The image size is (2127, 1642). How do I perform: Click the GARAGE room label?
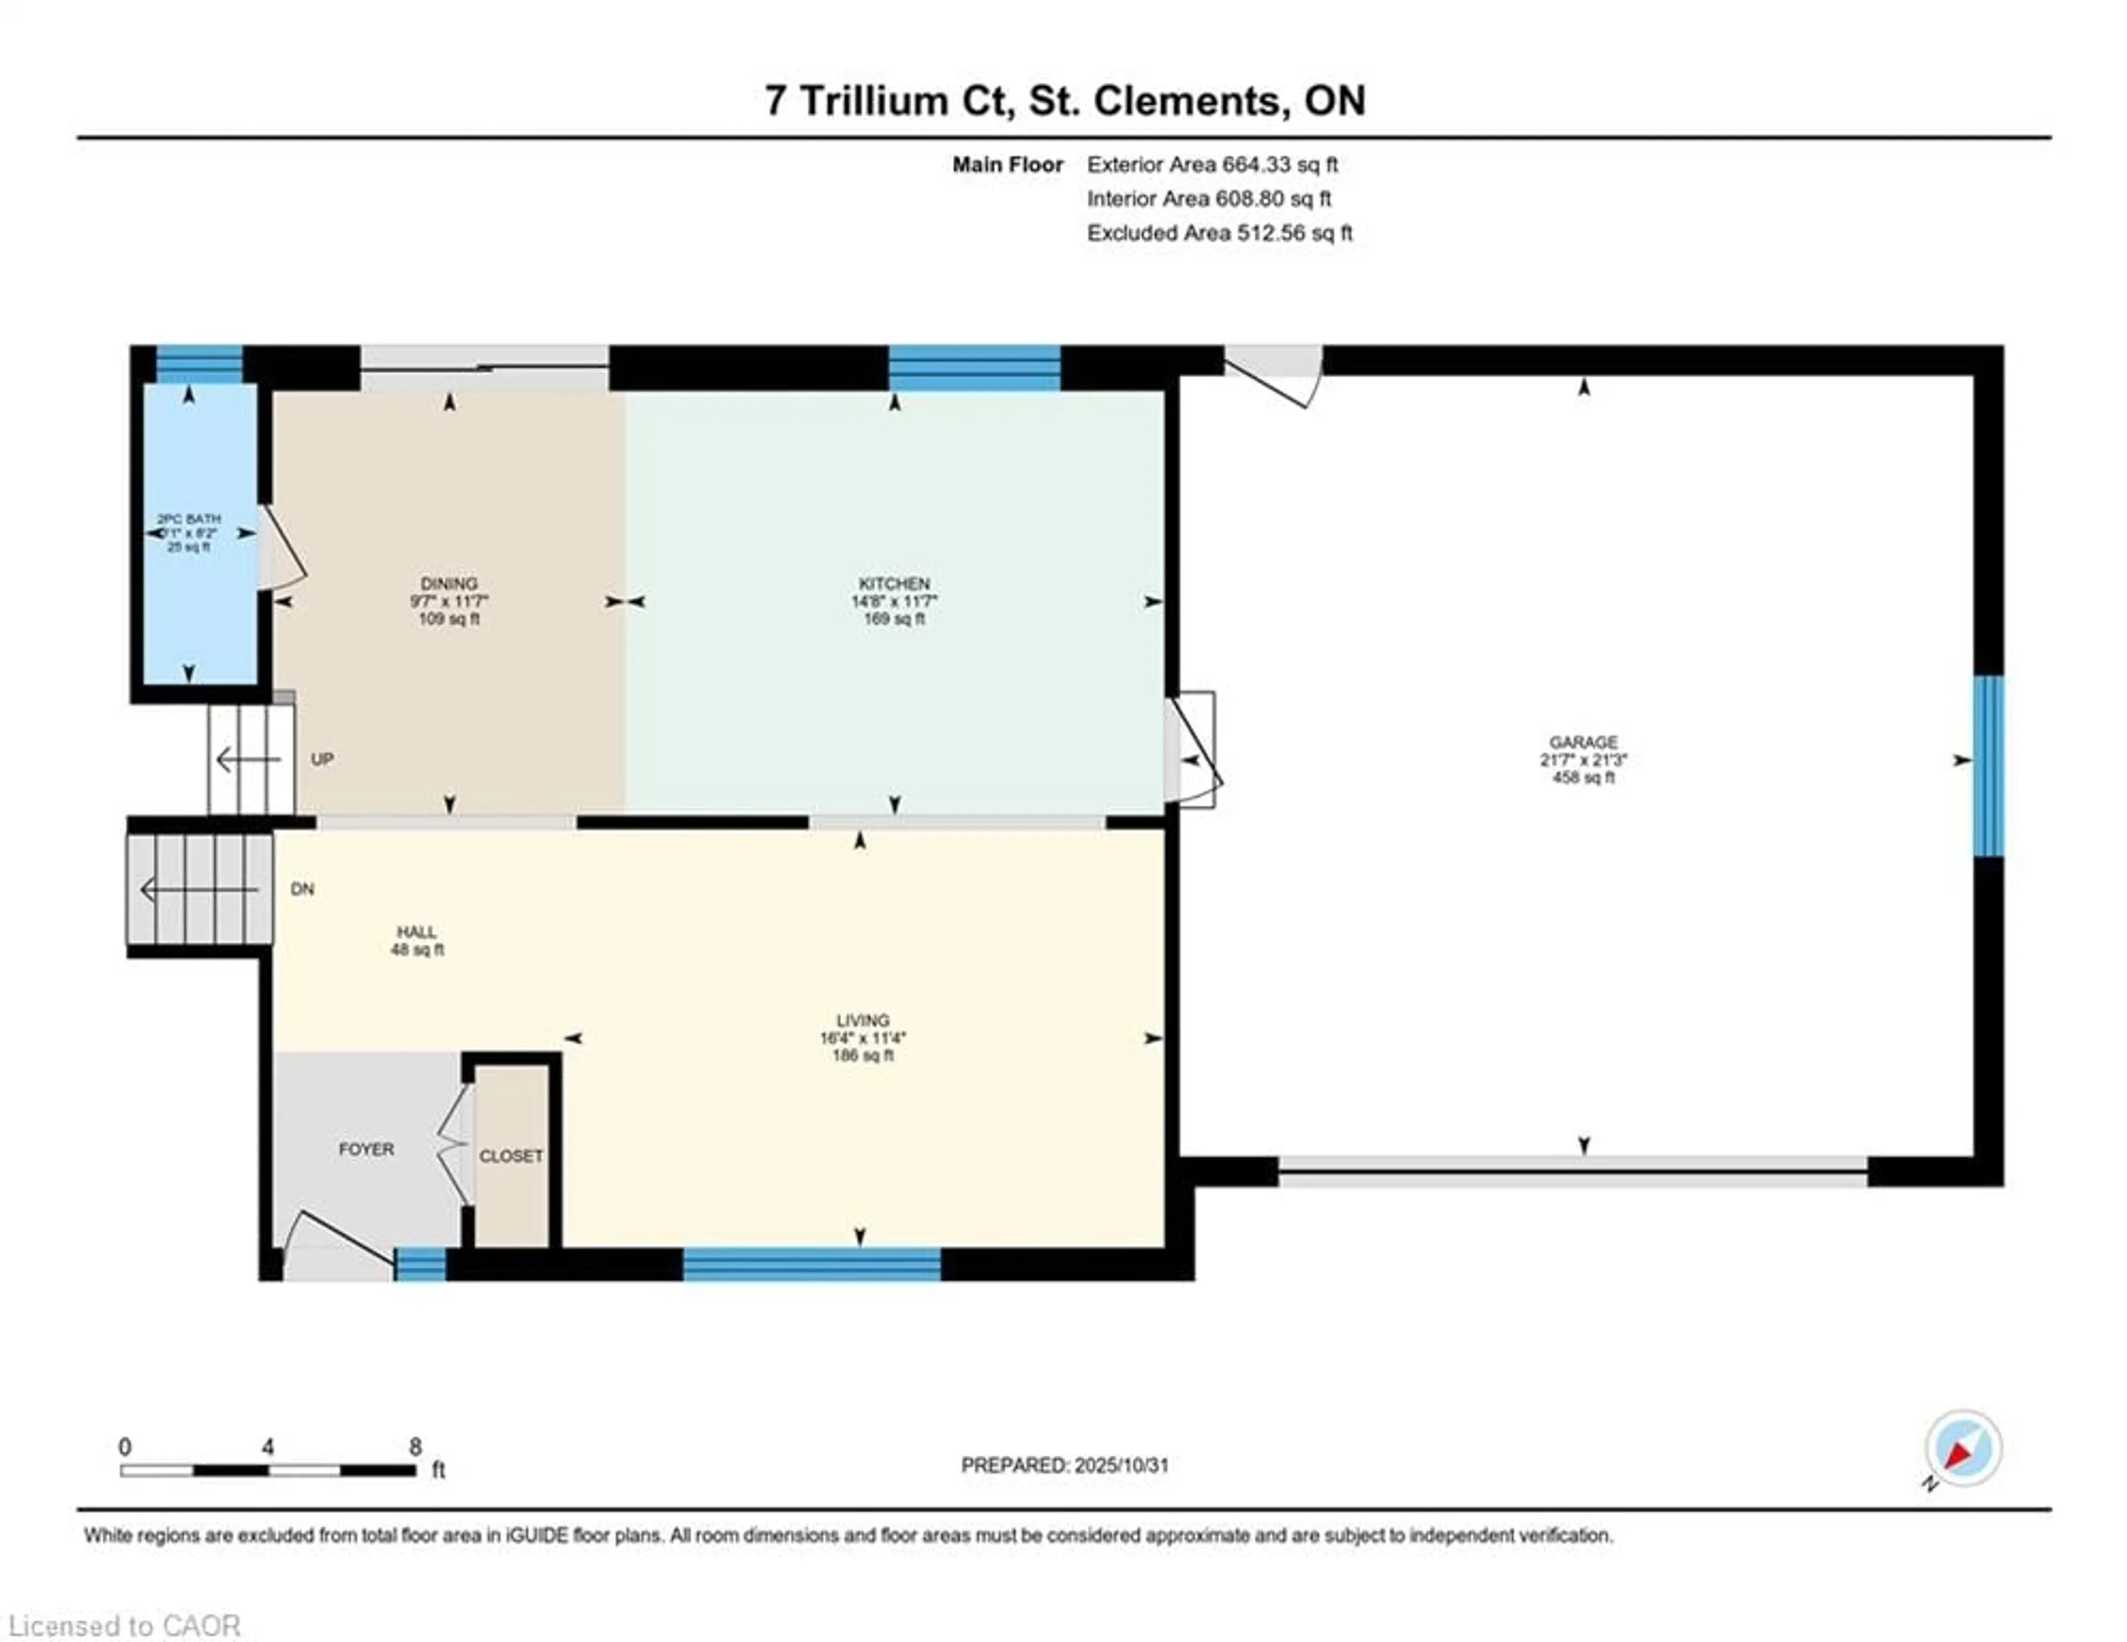tap(1584, 742)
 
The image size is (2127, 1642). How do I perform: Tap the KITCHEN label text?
tap(894, 583)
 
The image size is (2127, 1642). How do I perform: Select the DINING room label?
tap(449, 583)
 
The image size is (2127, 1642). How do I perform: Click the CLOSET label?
tap(510, 1156)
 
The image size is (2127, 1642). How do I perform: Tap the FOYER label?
tap(366, 1149)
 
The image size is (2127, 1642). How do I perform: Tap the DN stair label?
tap(303, 889)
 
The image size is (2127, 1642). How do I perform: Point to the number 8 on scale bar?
tap(416, 1447)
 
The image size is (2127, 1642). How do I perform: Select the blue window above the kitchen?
tap(974, 368)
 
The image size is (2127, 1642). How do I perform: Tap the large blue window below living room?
tap(811, 1264)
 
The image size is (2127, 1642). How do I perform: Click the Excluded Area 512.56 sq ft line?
tap(1219, 233)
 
